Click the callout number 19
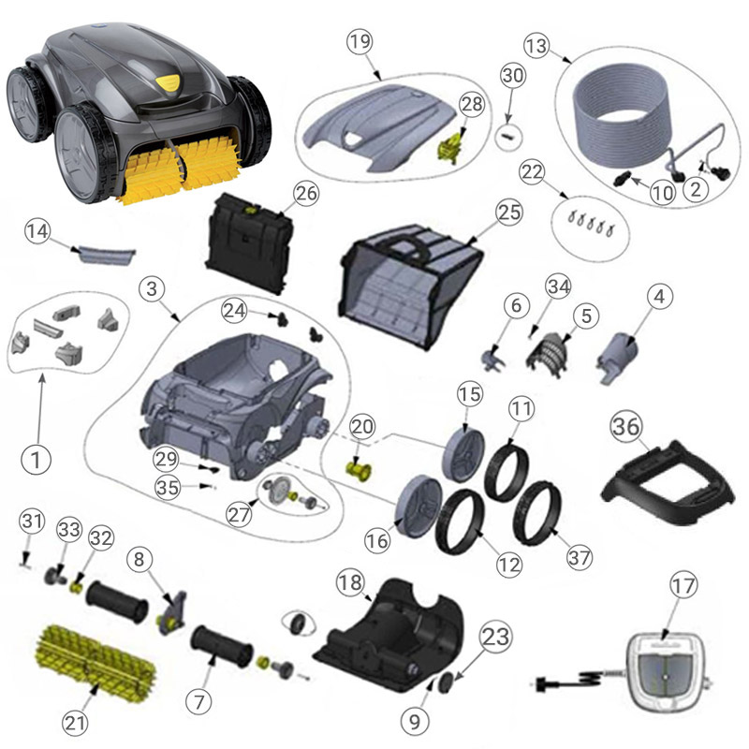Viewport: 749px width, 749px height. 360,41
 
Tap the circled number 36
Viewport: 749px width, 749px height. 626,426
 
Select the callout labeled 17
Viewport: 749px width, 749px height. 683,586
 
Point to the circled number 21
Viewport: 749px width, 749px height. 75,723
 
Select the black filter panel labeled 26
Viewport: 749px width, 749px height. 249,242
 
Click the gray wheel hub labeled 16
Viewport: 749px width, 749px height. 419,500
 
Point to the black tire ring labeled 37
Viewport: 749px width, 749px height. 536,513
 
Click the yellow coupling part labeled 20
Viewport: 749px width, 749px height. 361,469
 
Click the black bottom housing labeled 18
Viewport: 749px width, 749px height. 389,636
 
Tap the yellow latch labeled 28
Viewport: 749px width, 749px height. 452,149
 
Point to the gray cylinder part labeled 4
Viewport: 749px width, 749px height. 617,358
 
